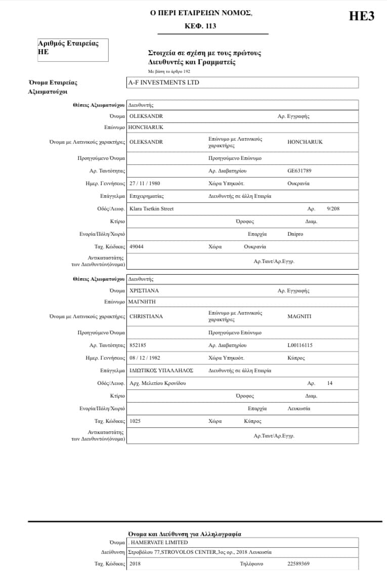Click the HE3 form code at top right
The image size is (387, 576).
362,16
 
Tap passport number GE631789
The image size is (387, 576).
300,171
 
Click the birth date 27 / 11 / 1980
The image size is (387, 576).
145,183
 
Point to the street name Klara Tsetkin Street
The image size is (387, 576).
151,208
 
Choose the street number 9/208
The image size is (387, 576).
333,208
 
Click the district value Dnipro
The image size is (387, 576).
295,234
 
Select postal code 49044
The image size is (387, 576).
137,247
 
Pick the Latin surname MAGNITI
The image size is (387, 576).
299,317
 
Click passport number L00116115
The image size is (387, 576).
300,345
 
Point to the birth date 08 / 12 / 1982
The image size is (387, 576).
145,358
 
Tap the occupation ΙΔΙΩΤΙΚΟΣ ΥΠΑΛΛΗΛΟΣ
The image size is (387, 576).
161,371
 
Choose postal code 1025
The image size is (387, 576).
135,421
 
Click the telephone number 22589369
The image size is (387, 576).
298,563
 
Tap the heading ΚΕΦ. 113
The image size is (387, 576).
201,26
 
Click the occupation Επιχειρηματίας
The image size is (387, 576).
147,196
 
